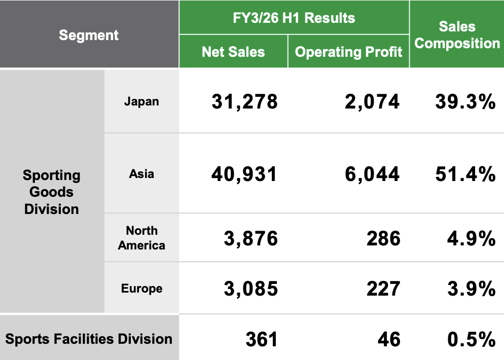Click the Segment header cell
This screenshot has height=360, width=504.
pos(89,35)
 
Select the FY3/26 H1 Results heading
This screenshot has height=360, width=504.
pos(294,18)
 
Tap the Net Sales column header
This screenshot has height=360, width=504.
pos(233,52)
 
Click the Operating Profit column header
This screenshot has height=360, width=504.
pos(349,52)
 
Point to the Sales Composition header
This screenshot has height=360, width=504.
pos(457,35)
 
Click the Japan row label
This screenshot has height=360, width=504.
pos(141,101)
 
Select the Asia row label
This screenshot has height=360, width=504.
pos(141,174)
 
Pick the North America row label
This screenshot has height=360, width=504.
pos(141,238)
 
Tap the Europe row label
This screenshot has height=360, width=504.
pos(141,289)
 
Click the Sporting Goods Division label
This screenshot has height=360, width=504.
pos(52,192)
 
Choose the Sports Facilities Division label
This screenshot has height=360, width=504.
pos(89,339)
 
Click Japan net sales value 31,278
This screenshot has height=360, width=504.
pos(244,102)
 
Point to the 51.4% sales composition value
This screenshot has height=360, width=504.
pos(465,174)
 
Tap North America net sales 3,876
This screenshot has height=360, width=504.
pos(251,238)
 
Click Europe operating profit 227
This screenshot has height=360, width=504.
pos(383,289)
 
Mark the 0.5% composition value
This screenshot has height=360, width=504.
pos(472,339)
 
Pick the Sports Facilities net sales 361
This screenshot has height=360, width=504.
pos(262,339)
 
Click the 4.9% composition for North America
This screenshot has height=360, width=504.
pos(472,238)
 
